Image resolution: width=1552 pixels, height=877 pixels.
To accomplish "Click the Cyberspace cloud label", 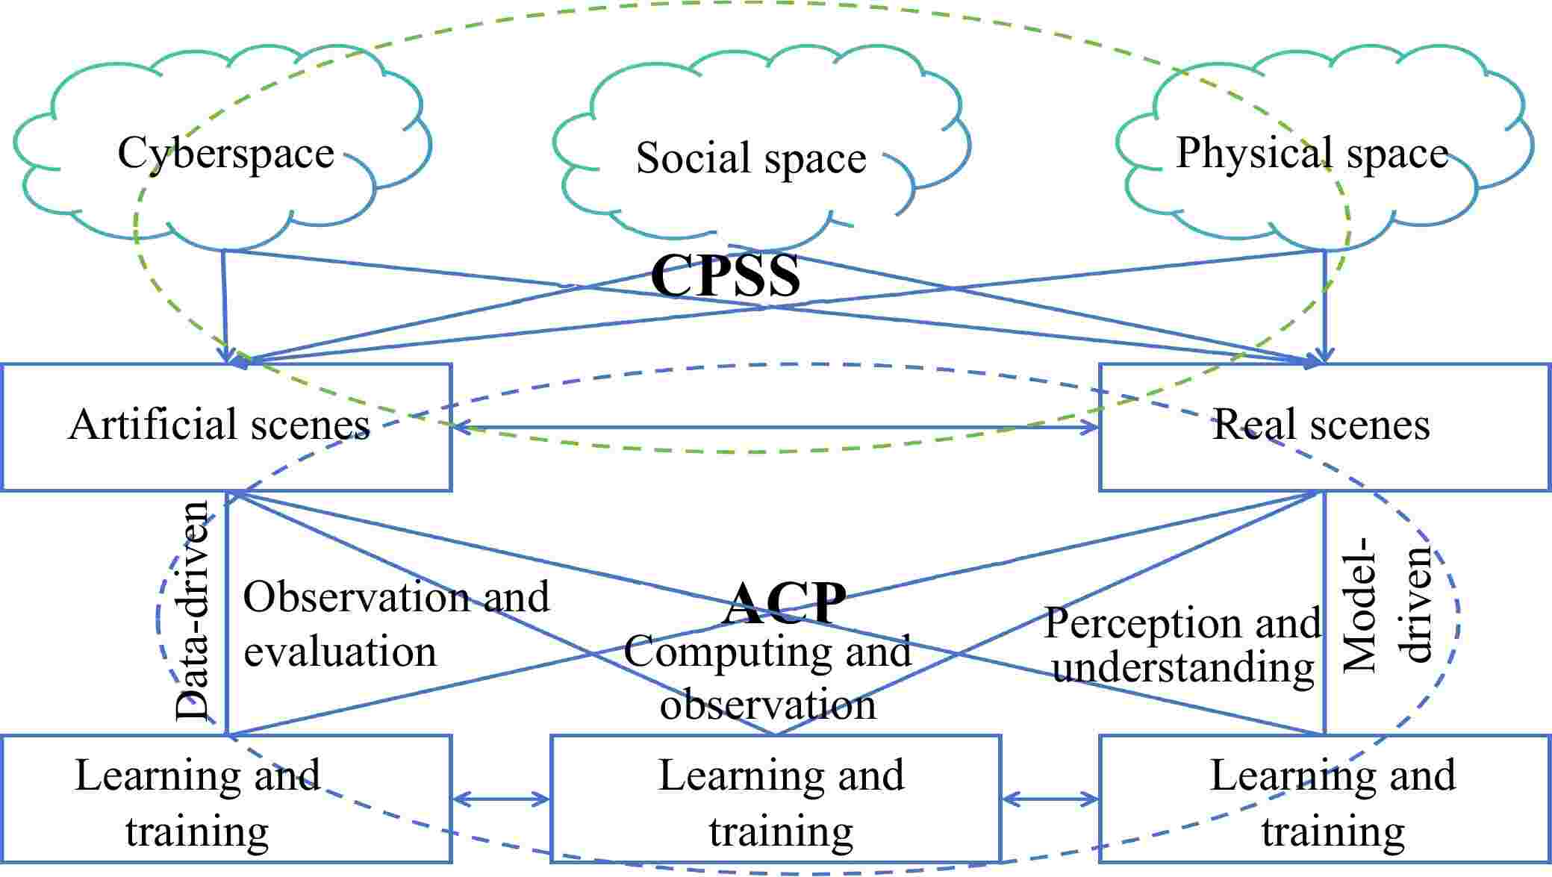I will (225, 153).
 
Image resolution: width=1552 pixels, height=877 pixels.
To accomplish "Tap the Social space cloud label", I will (750, 158).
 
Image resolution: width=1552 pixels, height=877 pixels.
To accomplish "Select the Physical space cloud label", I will (1312, 153).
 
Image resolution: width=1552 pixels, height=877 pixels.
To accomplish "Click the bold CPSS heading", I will (726, 275).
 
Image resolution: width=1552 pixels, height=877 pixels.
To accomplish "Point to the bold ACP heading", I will (785, 602).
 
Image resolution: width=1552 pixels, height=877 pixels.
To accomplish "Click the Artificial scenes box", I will (225, 426).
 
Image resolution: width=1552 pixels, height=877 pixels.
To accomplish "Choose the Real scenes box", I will (1324, 426).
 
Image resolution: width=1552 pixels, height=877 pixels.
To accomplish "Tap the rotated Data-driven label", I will (192, 611).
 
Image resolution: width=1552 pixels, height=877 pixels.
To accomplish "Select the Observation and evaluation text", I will (396, 624).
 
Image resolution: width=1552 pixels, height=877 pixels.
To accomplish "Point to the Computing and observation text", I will (767, 678).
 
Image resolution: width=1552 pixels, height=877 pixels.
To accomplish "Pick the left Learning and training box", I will (225, 799).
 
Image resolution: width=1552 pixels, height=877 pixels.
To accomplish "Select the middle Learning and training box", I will (775, 799).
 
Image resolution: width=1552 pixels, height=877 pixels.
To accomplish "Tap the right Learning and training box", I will (1324, 799).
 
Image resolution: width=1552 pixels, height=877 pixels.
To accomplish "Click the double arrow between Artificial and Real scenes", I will (775, 428).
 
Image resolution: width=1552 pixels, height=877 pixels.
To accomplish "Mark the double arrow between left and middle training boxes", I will (501, 799).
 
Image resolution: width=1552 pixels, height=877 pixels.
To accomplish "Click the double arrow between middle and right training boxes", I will (1050, 799).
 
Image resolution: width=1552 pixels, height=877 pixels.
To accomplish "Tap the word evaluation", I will (340, 652).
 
